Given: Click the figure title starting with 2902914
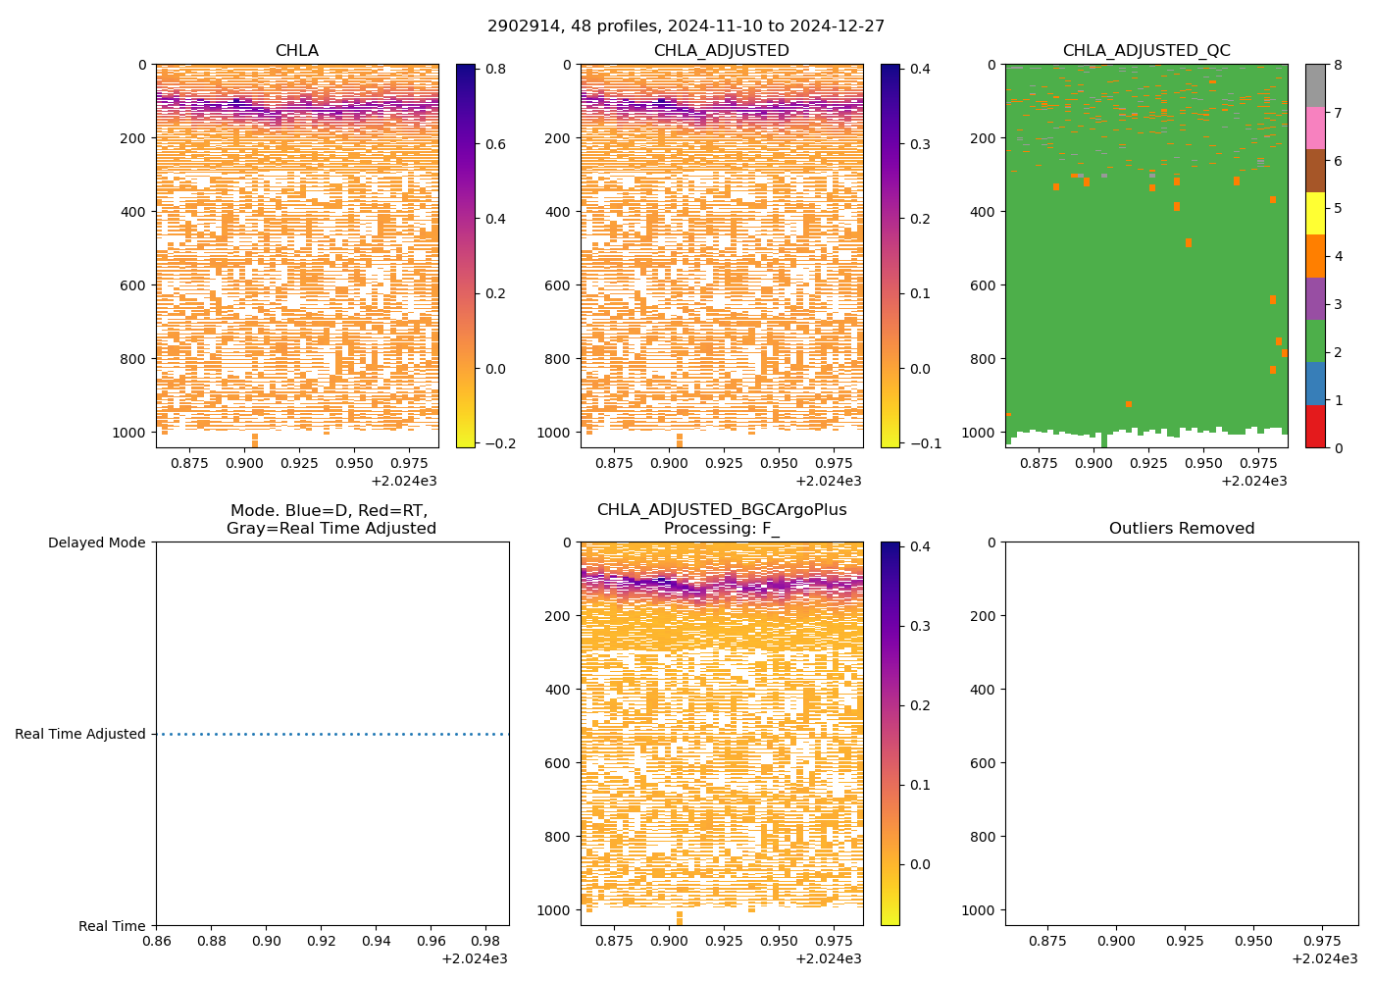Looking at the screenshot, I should tap(686, 26).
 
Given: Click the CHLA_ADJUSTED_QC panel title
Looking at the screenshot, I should tap(1146, 51).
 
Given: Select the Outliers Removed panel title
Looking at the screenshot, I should tap(1182, 529).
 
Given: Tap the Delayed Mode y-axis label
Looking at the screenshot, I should tap(96, 542).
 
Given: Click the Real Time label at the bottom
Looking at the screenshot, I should tap(112, 926).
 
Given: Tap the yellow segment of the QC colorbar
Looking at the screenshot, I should tap(1315, 213).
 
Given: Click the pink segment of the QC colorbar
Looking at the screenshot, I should tap(1315, 128).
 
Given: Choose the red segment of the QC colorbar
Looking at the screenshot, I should tap(1315, 426).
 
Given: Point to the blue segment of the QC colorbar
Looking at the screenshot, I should tap(1315, 384).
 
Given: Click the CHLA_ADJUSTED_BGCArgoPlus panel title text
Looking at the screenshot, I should tap(722, 510).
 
